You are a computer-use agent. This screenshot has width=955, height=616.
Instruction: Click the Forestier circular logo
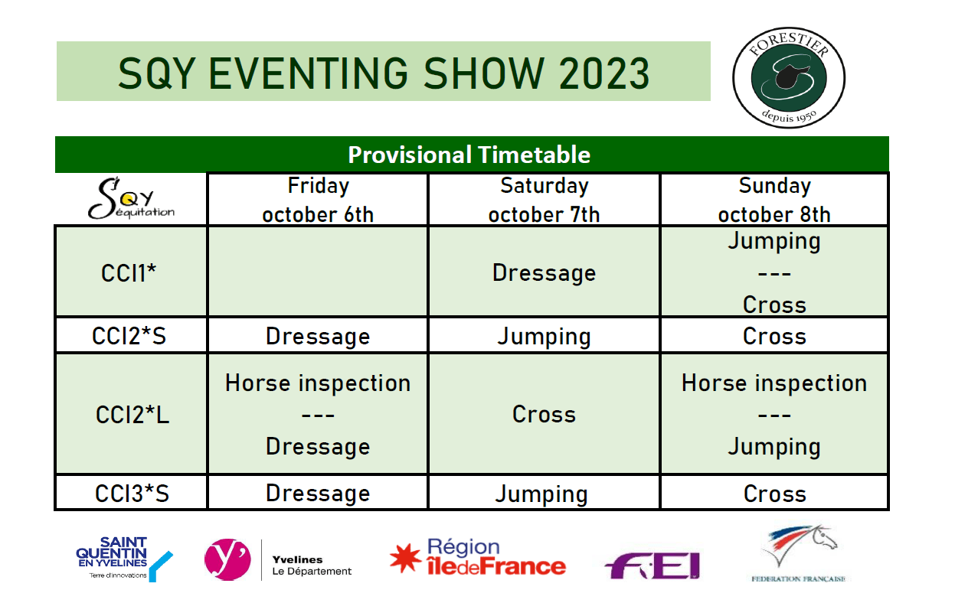(x=789, y=77)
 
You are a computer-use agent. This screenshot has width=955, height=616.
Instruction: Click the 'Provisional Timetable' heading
(x=469, y=155)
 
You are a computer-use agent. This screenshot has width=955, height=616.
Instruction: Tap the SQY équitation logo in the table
(x=131, y=198)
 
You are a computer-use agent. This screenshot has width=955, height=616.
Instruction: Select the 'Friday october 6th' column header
(x=318, y=200)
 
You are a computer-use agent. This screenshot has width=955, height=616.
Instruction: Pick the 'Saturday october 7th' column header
(x=544, y=200)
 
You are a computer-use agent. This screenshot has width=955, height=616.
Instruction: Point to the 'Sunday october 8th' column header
(x=774, y=200)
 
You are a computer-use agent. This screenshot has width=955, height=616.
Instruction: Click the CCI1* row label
(x=129, y=272)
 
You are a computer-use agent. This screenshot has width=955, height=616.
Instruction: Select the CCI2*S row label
(x=129, y=336)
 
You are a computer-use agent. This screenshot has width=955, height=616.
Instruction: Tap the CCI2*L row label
(x=132, y=415)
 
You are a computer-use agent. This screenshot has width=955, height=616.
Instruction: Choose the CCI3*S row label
(x=132, y=494)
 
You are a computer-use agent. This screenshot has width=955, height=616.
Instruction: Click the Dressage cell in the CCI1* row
(x=544, y=272)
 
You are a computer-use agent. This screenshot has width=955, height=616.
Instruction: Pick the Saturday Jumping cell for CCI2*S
(x=544, y=337)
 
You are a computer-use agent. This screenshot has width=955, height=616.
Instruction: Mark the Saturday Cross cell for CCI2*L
(x=544, y=415)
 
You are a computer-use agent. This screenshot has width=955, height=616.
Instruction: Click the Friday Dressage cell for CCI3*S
(x=318, y=494)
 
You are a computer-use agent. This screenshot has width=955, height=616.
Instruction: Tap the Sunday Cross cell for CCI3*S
(x=775, y=494)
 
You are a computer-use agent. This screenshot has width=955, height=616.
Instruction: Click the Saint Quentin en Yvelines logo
(x=124, y=559)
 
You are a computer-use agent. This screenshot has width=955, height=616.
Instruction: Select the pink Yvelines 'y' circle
(x=227, y=559)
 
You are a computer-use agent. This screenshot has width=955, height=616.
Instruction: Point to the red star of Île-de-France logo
(x=405, y=558)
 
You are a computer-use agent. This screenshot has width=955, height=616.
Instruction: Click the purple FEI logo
(x=652, y=565)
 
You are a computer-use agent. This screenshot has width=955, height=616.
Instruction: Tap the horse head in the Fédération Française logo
(x=825, y=538)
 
